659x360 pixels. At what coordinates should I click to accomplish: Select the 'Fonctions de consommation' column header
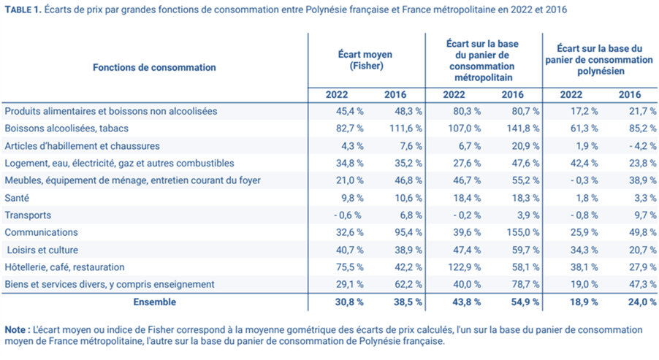[x=154, y=67]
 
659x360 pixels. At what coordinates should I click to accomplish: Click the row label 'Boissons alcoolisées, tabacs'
[x=65, y=129]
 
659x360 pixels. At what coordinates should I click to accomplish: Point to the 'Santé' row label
[x=18, y=198]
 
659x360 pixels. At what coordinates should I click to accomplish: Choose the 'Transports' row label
[x=28, y=215]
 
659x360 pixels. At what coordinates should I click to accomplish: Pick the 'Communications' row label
[x=41, y=232]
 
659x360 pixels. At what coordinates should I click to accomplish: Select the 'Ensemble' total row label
[x=154, y=301]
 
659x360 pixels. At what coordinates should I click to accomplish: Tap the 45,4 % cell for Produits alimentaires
[x=348, y=112]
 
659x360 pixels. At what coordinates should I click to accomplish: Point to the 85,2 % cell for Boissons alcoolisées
[x=641, y=129]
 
